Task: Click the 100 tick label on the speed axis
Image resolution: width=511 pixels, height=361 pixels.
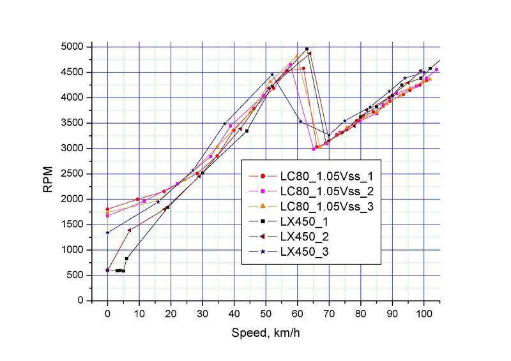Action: pos(423,313)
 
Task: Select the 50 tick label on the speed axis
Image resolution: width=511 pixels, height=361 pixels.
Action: pos(266,313)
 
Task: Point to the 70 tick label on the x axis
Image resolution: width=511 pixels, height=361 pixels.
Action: pos(329,313)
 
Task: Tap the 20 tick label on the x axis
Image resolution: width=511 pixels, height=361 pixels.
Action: pos(171,313)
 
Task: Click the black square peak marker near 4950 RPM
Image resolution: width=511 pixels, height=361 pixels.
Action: pos(307,49)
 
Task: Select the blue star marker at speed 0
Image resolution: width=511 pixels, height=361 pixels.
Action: pos(107,233)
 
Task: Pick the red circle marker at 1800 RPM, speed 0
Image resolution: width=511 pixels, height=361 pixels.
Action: pos(107,209)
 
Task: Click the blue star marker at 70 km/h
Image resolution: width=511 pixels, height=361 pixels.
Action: pos(329,135)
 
